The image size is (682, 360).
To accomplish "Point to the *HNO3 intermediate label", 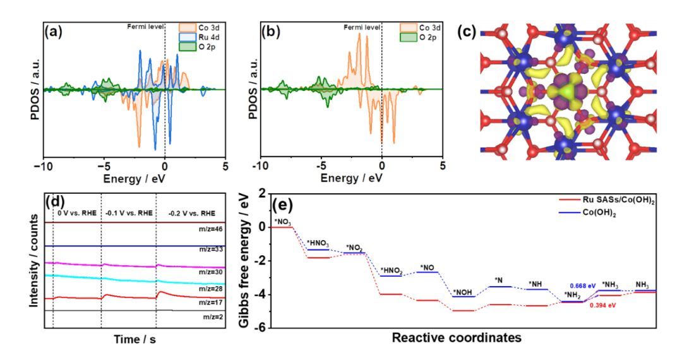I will click(318, 243).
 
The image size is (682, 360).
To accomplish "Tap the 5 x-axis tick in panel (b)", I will click(443, 165).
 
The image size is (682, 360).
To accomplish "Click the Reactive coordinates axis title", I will click(457, 338).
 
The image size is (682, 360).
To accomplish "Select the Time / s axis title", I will click(135, 339).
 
